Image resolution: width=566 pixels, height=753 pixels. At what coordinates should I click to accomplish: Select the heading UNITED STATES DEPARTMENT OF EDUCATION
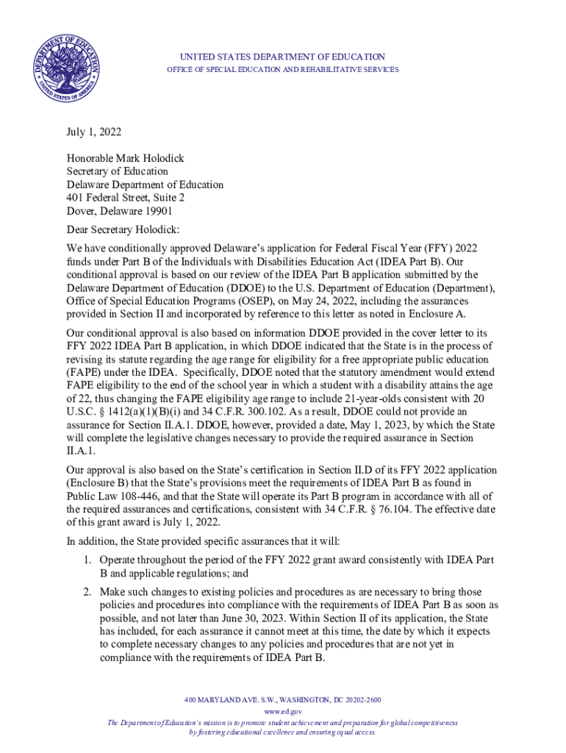[282, 57]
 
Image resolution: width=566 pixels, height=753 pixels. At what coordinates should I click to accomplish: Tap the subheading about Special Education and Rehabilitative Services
[282, 70]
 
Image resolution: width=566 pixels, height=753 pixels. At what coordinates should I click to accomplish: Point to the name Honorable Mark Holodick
[126, 158]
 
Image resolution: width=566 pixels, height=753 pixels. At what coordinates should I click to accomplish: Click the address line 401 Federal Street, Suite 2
[125, 198]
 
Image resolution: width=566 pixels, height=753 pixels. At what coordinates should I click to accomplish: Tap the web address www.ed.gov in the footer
[282, 712]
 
